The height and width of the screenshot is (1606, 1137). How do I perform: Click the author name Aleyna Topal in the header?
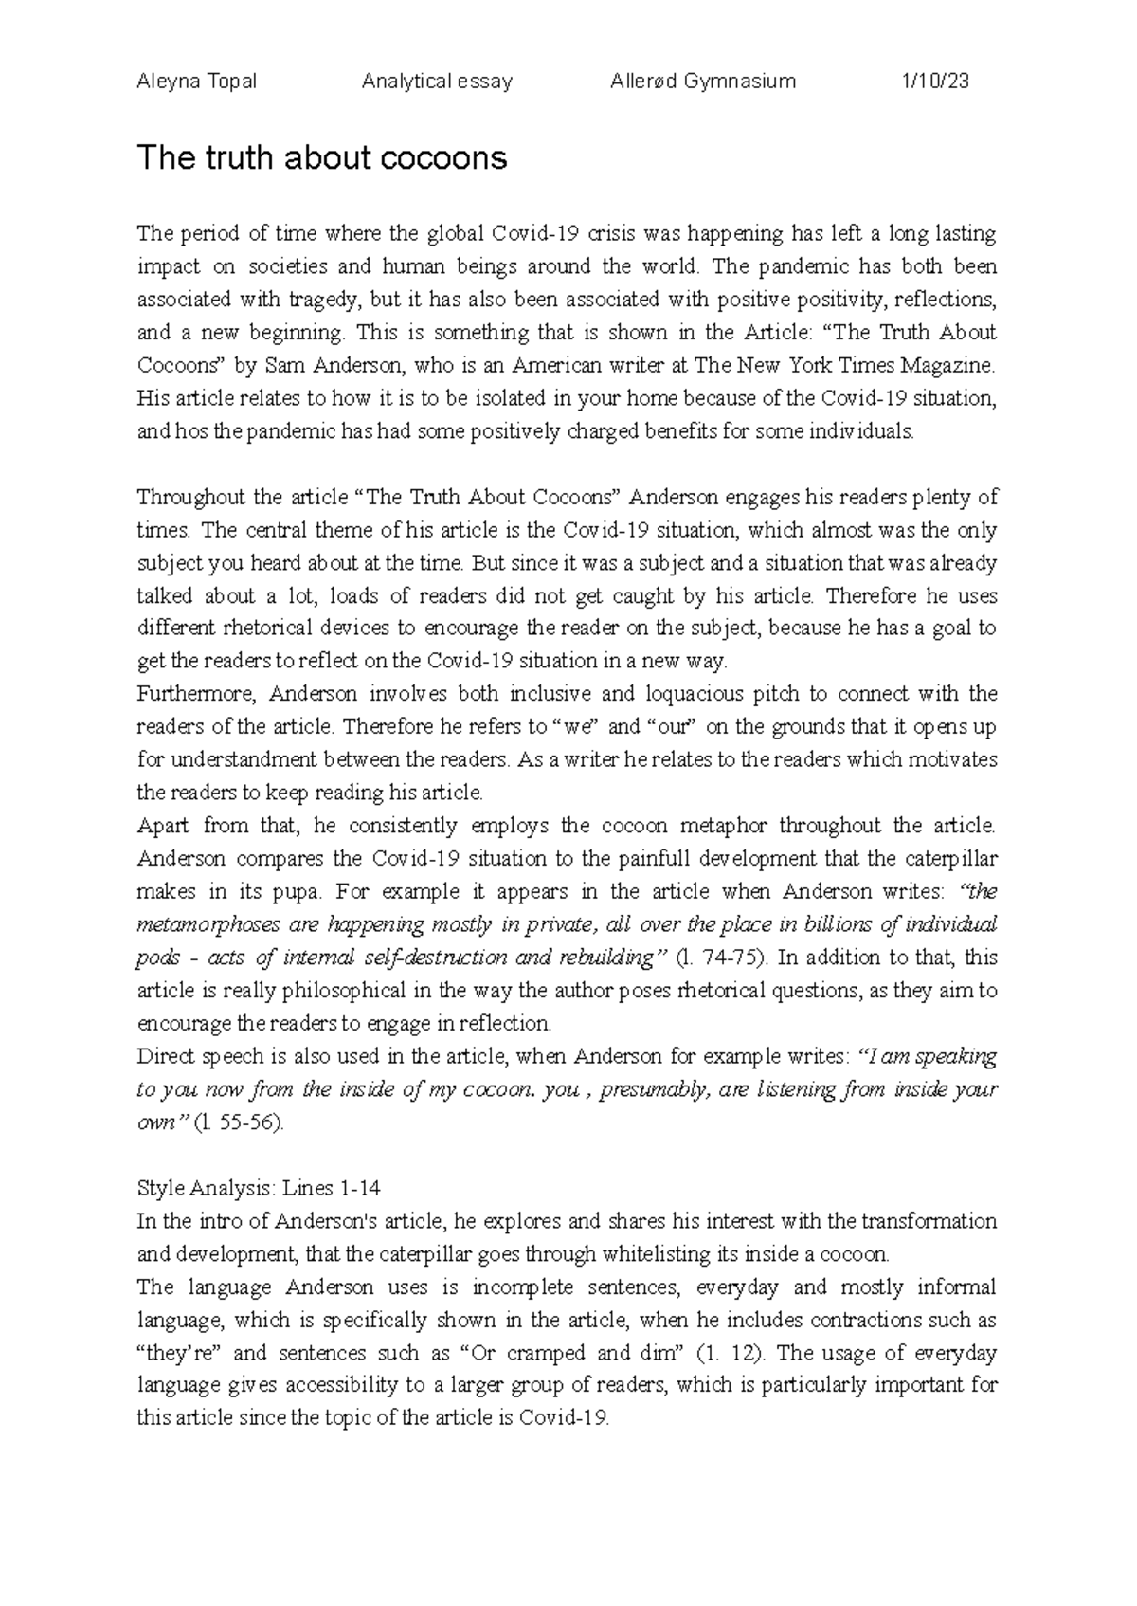[197, 82]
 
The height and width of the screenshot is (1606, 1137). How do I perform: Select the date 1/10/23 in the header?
[934, 82]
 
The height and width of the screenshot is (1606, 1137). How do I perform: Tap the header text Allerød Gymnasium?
[703, 82]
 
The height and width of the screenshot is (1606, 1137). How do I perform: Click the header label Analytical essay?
[437, 82]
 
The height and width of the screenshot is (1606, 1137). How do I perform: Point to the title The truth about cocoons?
[322, 157]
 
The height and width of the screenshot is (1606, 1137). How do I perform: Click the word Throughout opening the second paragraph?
[193, 497]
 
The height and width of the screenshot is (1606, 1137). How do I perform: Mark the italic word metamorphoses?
[208, 925]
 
